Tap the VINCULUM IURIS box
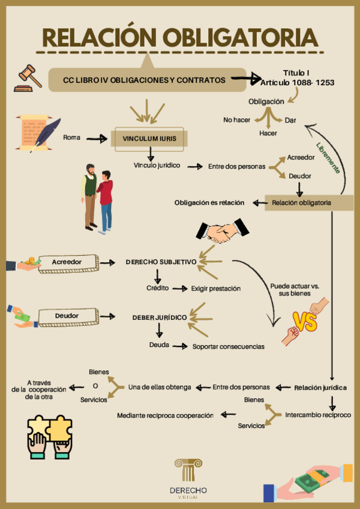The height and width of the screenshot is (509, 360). [x=149, y=139]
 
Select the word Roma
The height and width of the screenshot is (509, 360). [x=71, y=138]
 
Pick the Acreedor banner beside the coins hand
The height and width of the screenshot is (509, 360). [x=67, y=262]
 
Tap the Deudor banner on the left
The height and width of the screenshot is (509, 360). [x=67, y=315]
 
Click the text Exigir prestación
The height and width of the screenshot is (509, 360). [x=216, y=289]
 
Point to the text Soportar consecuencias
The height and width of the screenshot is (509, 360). [x=228, y=346]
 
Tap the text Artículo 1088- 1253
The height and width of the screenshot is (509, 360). [x=298, y=82]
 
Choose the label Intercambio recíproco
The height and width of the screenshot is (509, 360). [x=318, y=415]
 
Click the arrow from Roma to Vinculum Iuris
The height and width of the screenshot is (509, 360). [x=96, y=139]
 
